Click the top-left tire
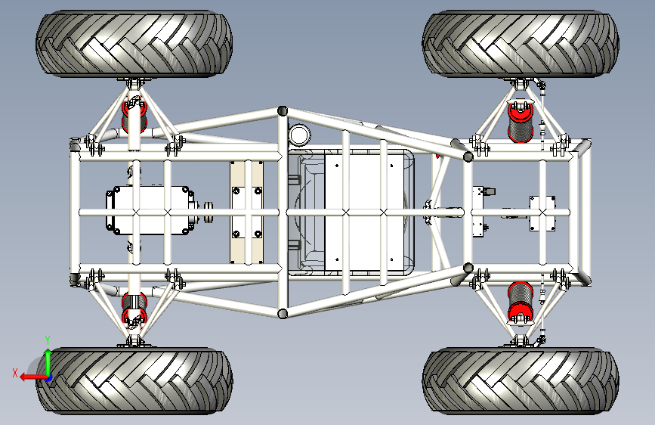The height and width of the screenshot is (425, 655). (134, 44)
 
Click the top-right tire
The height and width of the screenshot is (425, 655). (521, 44)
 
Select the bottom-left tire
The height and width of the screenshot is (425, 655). (134, 380)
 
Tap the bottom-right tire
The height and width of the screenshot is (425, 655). (521, 380)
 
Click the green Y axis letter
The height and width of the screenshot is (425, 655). (48, 340)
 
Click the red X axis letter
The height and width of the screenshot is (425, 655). (15, 373)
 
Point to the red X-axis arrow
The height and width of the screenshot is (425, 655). (33, 377)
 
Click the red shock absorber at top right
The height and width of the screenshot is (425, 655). (520, 121)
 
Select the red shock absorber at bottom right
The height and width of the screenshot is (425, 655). (520, 302)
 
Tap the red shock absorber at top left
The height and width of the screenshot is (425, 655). (134, 116)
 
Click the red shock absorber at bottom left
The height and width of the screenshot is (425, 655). (134, 309)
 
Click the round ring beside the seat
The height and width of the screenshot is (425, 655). (299, 135)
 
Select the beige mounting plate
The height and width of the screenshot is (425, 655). (246, 212)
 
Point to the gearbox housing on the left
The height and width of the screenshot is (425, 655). (150, 210)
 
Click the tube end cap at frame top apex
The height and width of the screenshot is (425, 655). (283, 111)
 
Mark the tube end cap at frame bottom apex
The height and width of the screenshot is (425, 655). (283, 313)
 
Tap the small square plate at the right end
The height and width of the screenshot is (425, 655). (542, 213)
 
